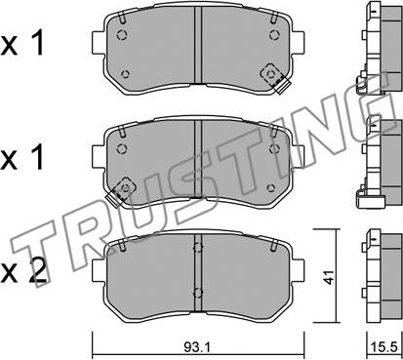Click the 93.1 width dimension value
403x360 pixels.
click(197, 347)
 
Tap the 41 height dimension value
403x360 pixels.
click(330, 277)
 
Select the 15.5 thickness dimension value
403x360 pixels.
click(385, 347)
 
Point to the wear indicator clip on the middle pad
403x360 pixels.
click(121, 191)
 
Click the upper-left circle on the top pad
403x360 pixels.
click(122, 34)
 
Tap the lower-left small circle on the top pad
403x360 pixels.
click(125, 74)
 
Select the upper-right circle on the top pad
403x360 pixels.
click(274, 34)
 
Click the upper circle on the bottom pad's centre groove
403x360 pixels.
click(197, 248)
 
